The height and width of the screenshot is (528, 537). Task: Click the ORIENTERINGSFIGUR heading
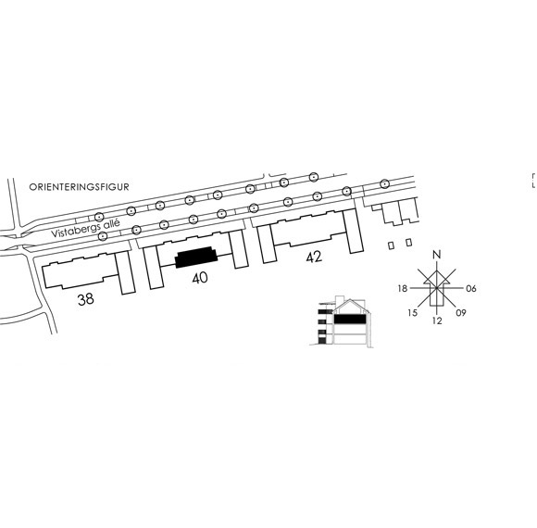point(79,187)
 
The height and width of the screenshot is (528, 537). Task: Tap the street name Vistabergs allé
point(85,228)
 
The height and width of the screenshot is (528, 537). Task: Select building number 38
point(85,299)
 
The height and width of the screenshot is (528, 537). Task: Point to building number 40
point(200,278)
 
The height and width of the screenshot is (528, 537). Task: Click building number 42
point(314,257)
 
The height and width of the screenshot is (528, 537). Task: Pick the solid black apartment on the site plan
point(196,257)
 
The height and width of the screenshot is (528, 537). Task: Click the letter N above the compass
point(437,255)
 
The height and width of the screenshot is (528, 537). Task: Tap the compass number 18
point(403,288)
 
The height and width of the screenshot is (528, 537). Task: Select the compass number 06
point(471,288)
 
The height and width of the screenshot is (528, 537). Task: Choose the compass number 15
point(413,313)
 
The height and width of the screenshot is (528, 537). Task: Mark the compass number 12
point(437,321)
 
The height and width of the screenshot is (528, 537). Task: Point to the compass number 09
point(461,312)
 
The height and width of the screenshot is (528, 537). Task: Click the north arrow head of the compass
point(437,277)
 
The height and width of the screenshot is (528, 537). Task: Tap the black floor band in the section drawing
point(350,319)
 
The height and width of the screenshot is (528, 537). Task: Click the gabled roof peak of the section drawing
point(350,300)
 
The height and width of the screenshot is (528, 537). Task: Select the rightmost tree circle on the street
point(385,184)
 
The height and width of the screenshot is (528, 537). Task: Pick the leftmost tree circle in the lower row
point(103,235)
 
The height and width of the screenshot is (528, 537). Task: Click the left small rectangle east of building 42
point(391,245)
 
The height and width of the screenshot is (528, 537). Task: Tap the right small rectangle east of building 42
point(408,243)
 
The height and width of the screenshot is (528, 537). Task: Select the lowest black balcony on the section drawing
point(321,341)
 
